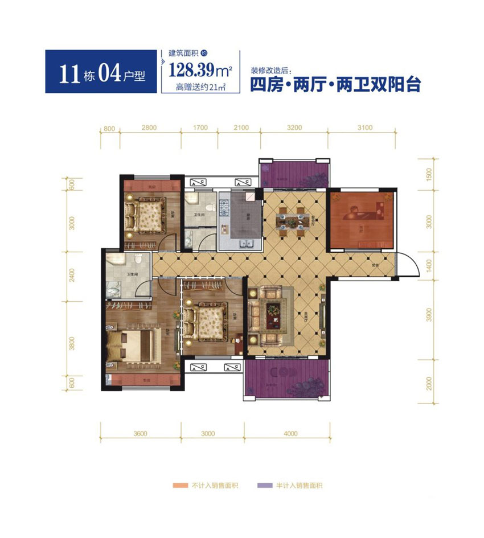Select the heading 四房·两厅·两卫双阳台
[x=335, y=85]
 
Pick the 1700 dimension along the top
[x=200, y=128]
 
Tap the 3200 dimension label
[x=294, y=128]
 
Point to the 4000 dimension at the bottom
[x=290, y=433]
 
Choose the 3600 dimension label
[x=140, y=433]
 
